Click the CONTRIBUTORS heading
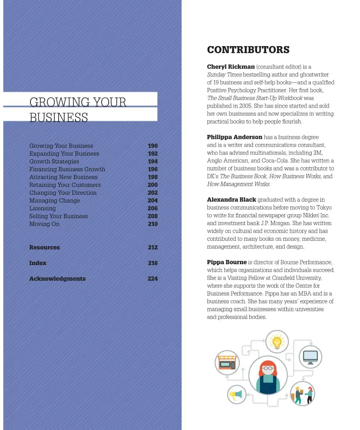248,50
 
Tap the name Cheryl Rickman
231,67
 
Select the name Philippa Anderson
235,137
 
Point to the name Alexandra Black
231,200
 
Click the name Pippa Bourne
227,262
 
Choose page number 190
153,146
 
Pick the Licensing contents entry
43,208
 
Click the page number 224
153,279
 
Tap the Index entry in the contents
38,263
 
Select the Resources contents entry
45,247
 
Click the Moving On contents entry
45,224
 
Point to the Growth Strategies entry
54,161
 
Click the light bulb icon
277,341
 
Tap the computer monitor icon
310,357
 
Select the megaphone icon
237,394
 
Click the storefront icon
227,362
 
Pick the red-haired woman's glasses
268,368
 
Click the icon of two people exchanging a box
303,394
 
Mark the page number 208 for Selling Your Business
153,216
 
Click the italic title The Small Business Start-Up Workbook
255,98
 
